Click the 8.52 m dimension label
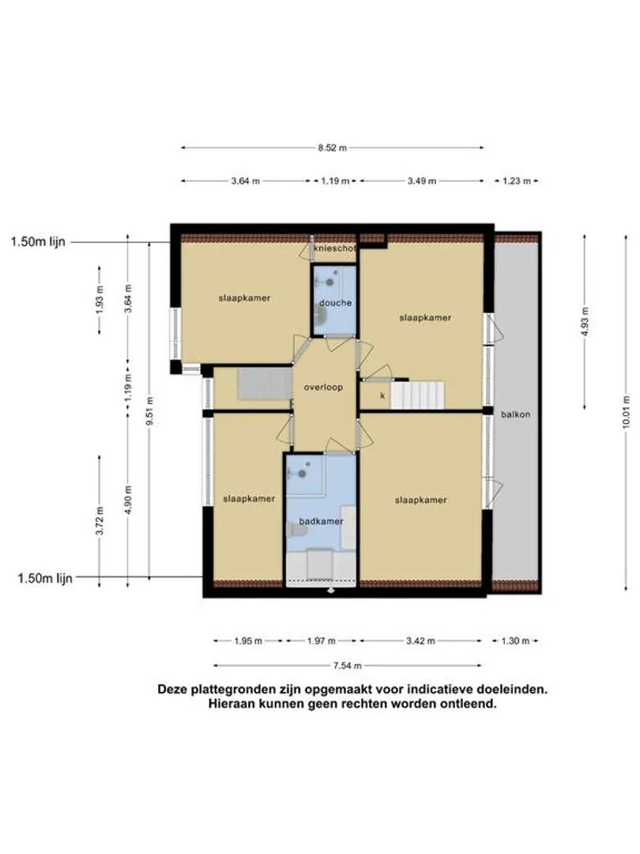pos(333,148)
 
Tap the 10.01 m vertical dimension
pos(626,412)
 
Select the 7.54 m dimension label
pos(347,666)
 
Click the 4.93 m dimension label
pos(585,321)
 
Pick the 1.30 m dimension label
pos(515,641)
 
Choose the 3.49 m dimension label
pos(422,181)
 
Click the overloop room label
pos(323,387)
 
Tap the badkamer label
pos(321,521)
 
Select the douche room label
pos(335,303)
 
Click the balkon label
pos(515,414)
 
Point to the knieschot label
pos(335,248)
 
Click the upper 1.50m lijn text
pos(38,242)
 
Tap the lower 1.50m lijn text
pos(45,578)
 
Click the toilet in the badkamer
pos(296,530)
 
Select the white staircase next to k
pos(418,395)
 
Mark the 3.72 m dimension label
pos(100,520)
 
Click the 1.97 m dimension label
pos(321,641)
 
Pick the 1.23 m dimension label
pos(516,181)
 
